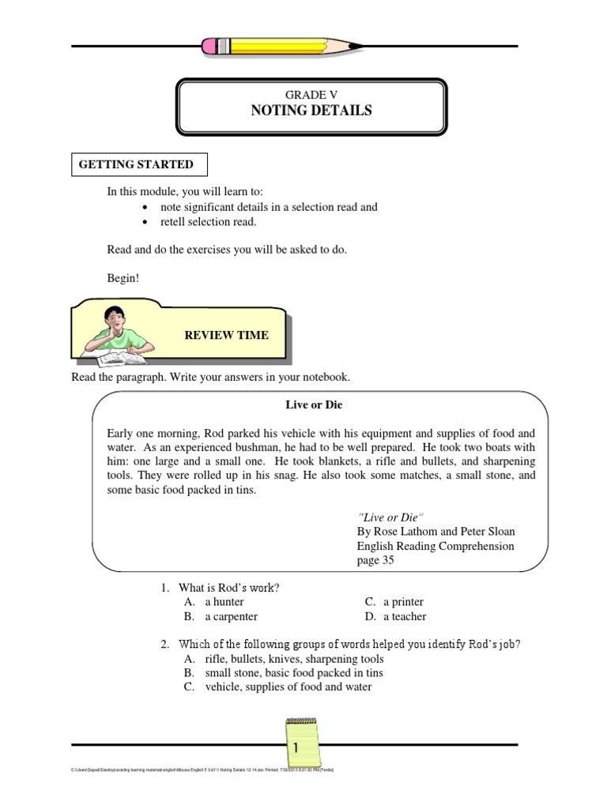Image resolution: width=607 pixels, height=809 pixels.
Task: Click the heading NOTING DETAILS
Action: [311, 111]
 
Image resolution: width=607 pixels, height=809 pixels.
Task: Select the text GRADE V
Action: [311, 94]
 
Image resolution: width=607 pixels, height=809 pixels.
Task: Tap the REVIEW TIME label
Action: [226, 335]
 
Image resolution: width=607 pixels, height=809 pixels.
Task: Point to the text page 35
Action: [375, 560]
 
